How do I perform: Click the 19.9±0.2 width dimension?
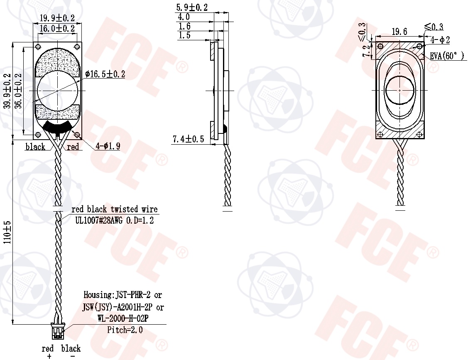click(57, 18)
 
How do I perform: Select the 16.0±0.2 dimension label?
click(57, 28)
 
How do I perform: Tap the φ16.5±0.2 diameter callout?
click(105, 74)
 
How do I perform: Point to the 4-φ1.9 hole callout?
click(108, 146)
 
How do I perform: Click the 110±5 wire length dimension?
click(7, 232)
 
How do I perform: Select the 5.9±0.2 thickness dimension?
click(191, 7)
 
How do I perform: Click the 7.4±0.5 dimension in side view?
click(189, 139)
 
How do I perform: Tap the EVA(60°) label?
click(447, 56)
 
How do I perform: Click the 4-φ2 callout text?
click(440, 40)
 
